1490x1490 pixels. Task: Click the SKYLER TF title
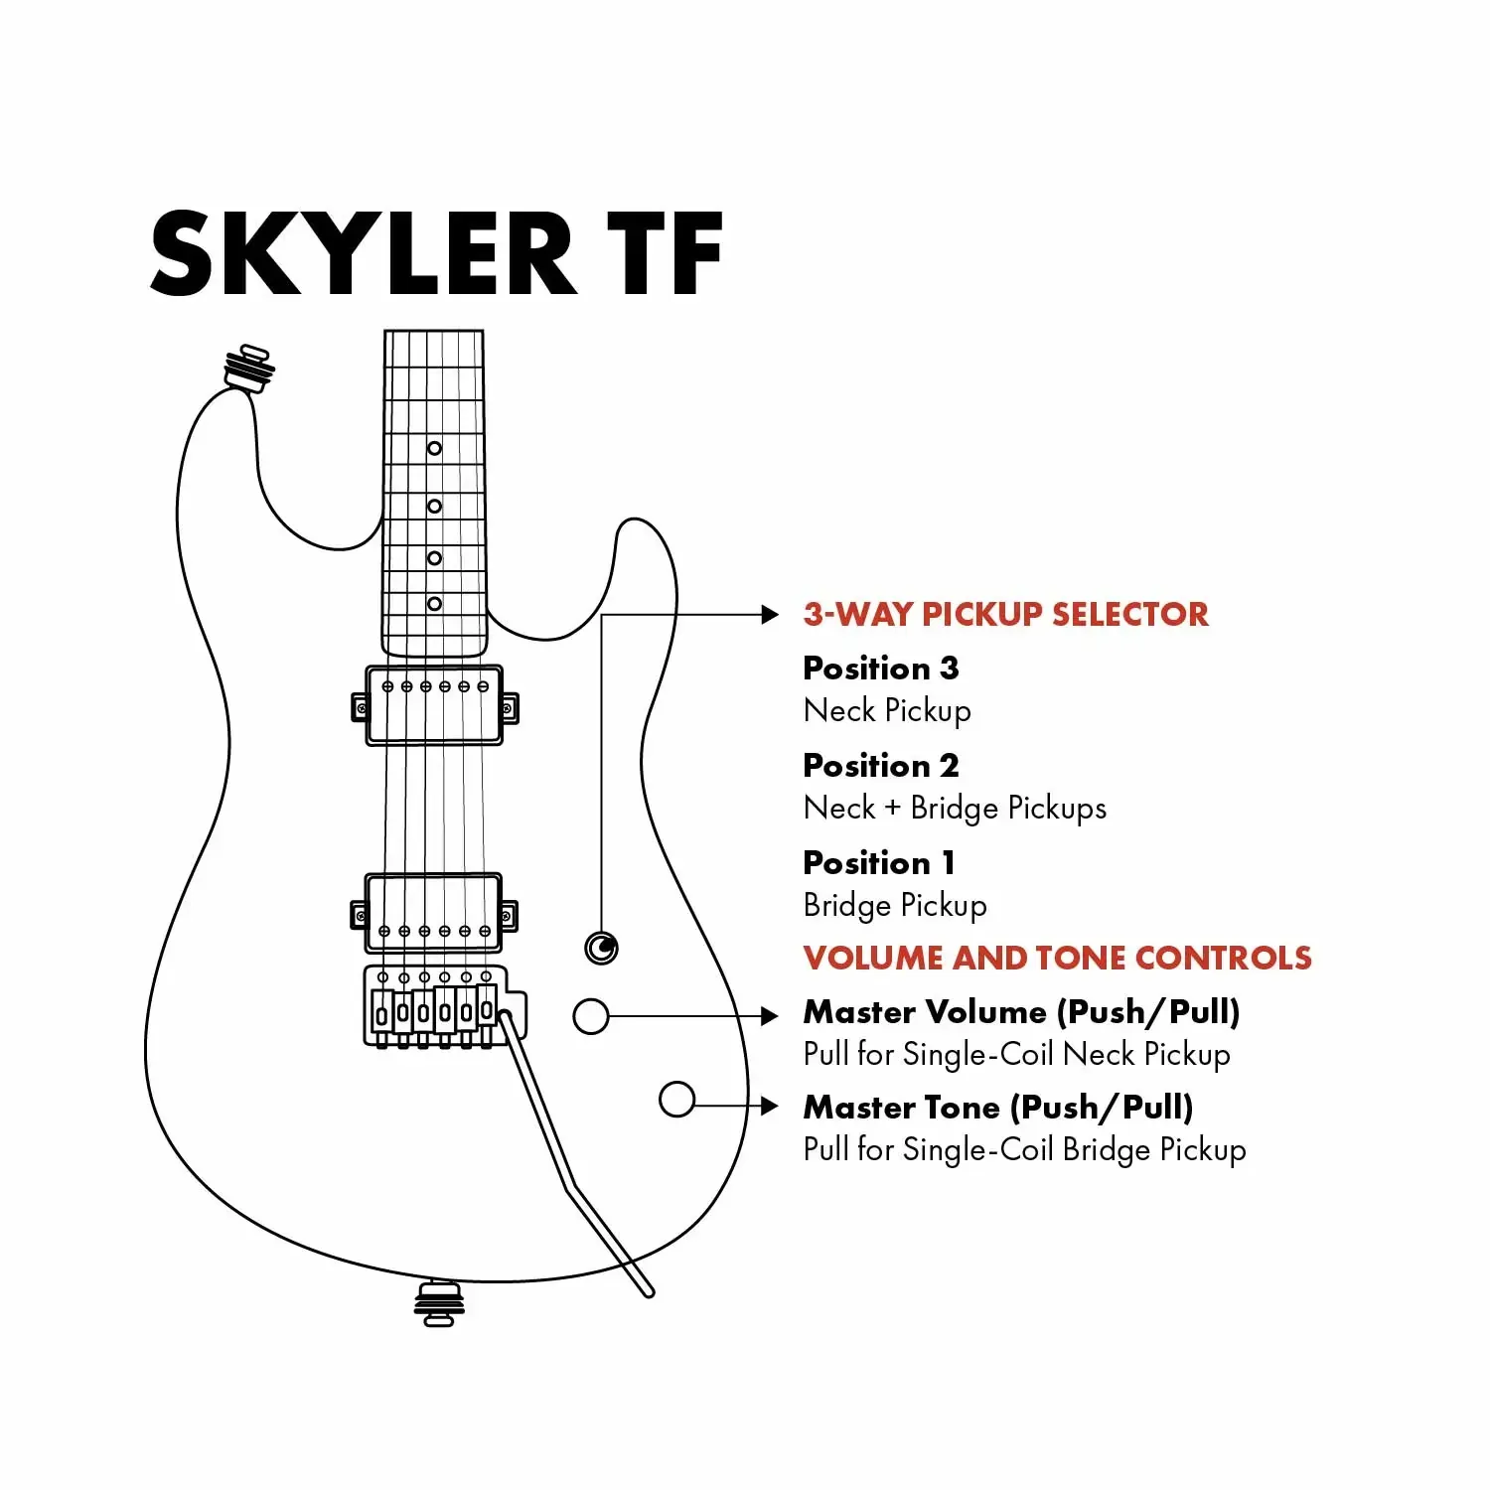[437, 254]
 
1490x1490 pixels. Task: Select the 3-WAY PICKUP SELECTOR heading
[1005, 614]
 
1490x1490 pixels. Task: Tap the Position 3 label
[881, 668]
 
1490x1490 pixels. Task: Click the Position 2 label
[881, 765]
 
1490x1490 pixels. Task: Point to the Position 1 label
[878, 862]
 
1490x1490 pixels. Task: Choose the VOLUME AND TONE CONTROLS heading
[1057, 958]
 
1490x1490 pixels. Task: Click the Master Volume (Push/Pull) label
[1021, 1011]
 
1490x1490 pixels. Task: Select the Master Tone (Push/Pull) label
[997, 1107]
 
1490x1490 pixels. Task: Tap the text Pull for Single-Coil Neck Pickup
[1016, 1054]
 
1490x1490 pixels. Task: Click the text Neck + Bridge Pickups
[955, 808]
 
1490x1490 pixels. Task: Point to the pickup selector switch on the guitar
[602, 948]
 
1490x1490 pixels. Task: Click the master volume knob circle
[591, 1016]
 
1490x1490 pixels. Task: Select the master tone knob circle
[676, 1099]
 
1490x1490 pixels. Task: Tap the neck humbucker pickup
[434, 706]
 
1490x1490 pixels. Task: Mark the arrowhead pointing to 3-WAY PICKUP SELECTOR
[770, 615]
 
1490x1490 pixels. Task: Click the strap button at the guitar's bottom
[439, 1304]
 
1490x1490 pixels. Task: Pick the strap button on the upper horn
[248, 368]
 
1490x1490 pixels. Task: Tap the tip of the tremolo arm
[648, 1291]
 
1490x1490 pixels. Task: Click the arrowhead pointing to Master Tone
[770, 1106]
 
